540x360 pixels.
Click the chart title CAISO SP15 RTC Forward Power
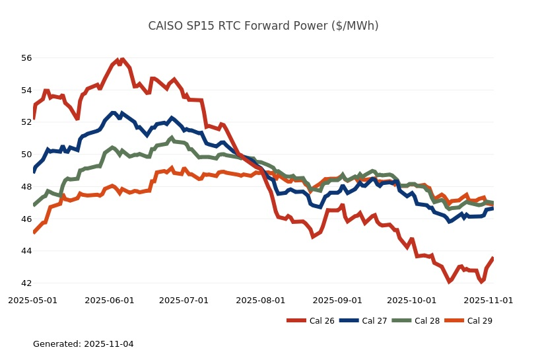pyautogui.click(x=263, y=26)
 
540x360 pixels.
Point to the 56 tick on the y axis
pyautogui.click(x=26, y=58)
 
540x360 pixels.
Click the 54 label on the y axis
pyautogui.click(x=26, y=90)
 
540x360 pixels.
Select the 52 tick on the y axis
pyautogui.click(x=26, y=122)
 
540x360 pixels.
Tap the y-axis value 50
pyautogui.click(x=26, y=155)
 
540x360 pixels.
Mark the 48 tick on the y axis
pyautogui.click(x=26, y=187)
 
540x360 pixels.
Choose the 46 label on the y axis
pyautogui.click(x=26, y=219)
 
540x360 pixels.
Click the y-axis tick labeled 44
pyautogui.click(x=26, y=251)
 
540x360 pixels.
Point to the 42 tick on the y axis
pyautogui.click(x=26, y=283)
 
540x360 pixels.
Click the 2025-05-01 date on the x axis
pyautogui.click(x=33, y=300)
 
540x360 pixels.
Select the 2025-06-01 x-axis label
pyautogui.click(x=110, y=300)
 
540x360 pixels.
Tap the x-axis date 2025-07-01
pyautogui.click(x=184, y=300)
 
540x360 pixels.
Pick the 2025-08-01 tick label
pyautogui.click(x=260, y=300)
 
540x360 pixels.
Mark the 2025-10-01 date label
pyautogui.click(x=411, y=300)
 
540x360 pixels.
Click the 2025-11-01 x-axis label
pyautogui.click(x=488, y=300)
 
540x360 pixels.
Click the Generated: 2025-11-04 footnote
pyautogui.click(x=83, y=344)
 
